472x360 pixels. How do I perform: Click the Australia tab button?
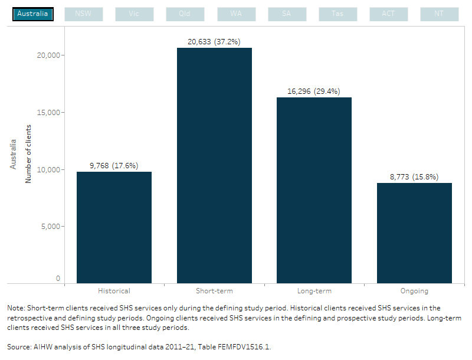tap(33, 14)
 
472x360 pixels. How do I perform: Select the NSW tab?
tap(83, 14)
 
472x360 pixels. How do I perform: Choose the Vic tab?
tap(134, 14)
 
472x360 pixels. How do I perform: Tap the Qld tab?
tap(185, 14)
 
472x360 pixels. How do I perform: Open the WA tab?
tap(236, 14)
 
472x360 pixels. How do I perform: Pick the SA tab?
tap(287, 14)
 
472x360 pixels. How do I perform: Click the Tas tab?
tap(337, 14)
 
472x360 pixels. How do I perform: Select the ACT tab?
tap(388, 14)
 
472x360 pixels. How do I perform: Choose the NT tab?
tap(439, 14)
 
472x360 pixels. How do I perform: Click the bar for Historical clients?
tap(114, 227)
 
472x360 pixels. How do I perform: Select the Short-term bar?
tap(214, 165)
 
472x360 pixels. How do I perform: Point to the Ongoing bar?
tap(414, 233)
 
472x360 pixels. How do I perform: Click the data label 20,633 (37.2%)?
tap(214, 41)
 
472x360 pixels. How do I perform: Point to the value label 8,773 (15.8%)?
tap(414, 176)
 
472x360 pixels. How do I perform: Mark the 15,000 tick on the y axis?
tap(49, 112)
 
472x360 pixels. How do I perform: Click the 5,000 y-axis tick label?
tap(51, 226)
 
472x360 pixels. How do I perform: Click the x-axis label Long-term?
tap(314, 291)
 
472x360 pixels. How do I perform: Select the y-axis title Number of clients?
tap(28, 153)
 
